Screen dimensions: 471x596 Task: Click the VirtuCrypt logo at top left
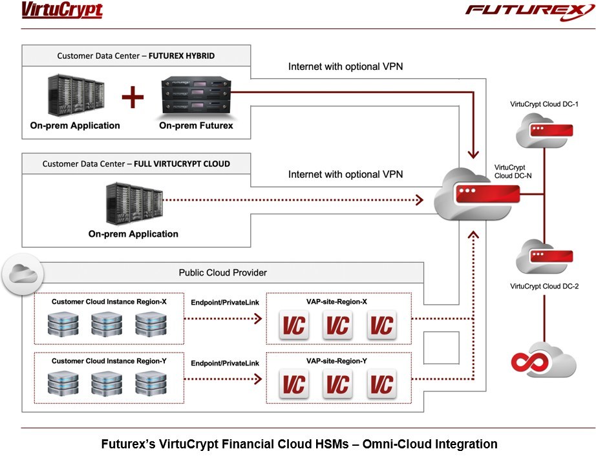[62, 11]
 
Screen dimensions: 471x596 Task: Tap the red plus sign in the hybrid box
[133, 98]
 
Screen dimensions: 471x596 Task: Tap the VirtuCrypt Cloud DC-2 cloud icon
[540, 257]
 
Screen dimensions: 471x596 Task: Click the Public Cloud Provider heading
[222, 272]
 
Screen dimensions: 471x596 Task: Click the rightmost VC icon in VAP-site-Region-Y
[381, 384]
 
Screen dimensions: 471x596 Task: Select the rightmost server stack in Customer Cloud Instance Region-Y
[150, 383]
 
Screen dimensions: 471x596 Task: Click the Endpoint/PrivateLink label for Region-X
[224, 301]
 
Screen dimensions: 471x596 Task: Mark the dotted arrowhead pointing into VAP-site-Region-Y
[258, 379]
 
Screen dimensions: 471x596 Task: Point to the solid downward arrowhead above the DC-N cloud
[474, 153]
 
